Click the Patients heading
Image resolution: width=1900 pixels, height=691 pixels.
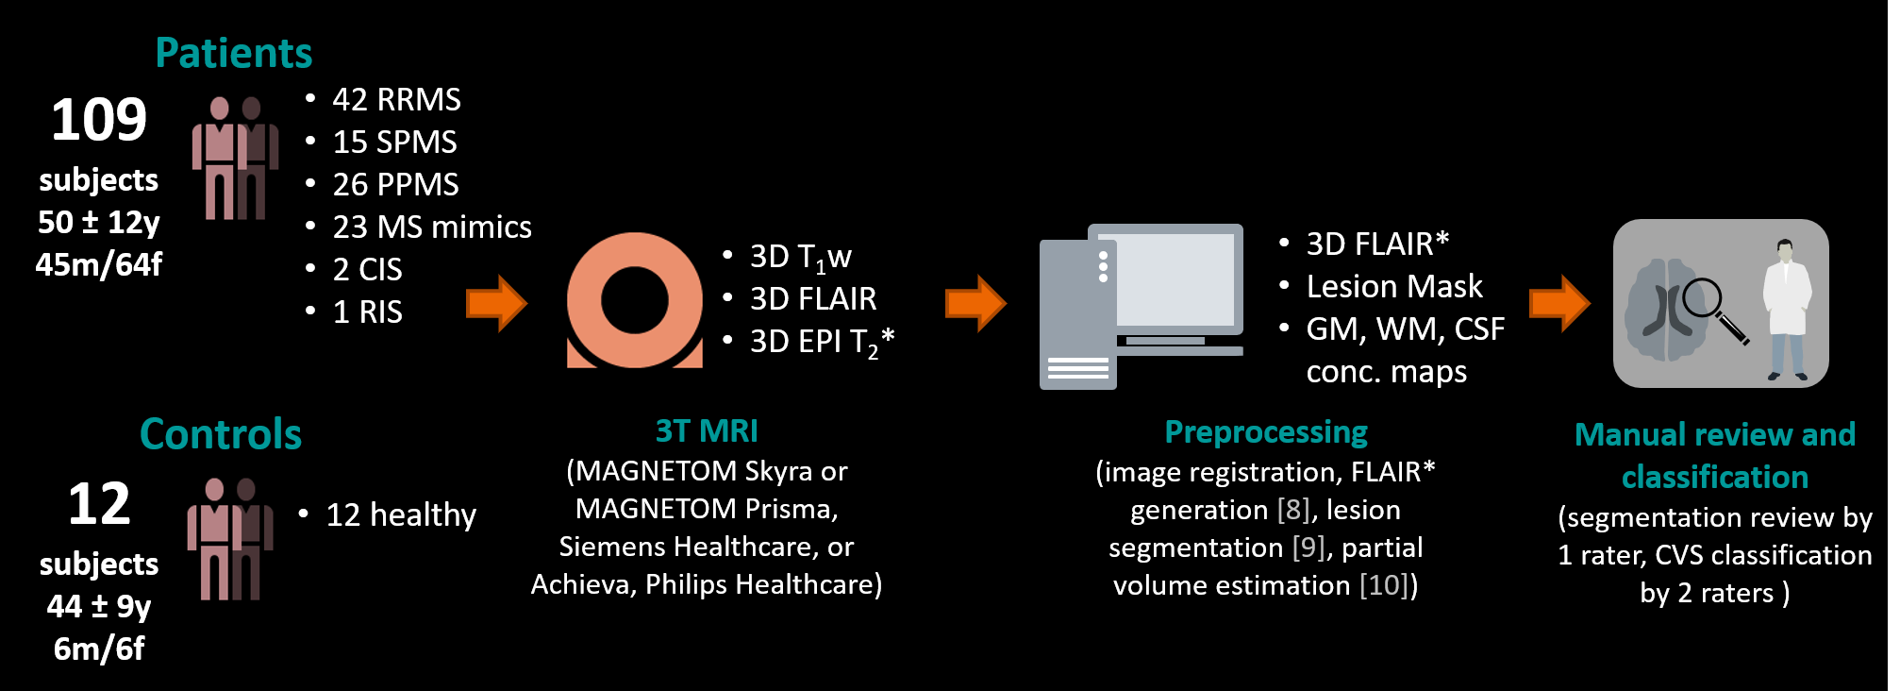[233, 53]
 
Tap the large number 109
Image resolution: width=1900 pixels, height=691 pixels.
[99, 120]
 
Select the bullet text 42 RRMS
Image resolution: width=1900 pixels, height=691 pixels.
[396, 99]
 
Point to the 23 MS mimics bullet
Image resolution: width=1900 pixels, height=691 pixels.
[431, 227]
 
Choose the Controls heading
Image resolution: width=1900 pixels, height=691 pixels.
[220, 434]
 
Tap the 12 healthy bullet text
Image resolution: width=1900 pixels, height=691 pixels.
[401, 514]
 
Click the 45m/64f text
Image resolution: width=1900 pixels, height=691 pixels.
[98, 264]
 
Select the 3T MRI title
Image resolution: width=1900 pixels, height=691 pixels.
[707, 430]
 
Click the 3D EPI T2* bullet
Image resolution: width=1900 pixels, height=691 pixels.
[821, 342]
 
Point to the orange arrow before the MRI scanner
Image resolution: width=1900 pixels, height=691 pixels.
[497, 303]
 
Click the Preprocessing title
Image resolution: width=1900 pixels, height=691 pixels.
[1265, 431]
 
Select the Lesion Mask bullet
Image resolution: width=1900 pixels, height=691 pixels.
[1393, 286]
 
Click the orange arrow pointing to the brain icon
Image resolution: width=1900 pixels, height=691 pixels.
[1559, 303]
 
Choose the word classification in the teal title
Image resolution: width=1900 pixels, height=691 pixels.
[1714, 477]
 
